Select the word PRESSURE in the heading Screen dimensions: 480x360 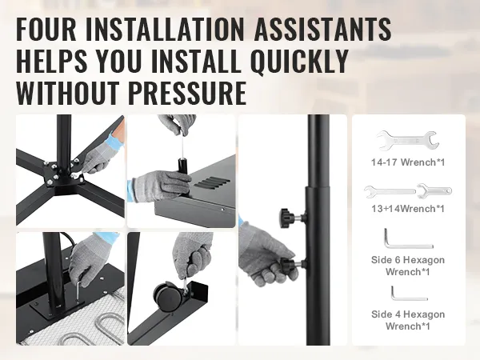tap(187, 93)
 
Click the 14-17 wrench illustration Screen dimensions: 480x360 tap(407, 141)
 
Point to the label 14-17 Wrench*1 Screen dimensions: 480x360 tap(408, 162)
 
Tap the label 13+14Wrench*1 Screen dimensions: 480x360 tap(408, 209)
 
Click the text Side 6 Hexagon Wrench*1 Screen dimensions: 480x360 tap(408, 266)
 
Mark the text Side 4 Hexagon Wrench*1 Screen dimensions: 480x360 tap(408, 320)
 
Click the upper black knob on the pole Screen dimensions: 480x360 tap(288, 217)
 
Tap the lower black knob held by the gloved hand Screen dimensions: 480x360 tap(289, 263)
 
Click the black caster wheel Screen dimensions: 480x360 tap(168, 296)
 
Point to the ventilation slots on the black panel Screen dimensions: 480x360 tap(213, 182)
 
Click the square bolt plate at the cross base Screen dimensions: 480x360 tap(64, 174)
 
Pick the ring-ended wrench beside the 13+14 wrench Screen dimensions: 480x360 tap(434, 191)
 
